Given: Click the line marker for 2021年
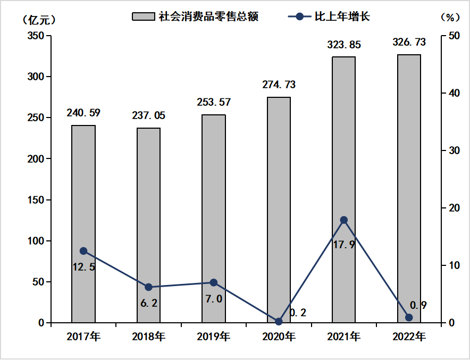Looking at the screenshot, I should click(343, 220).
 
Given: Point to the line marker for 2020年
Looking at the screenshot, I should click(279, 322).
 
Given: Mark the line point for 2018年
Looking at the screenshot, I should click(148, 287).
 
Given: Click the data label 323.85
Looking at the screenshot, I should click(344, 45).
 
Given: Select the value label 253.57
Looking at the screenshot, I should click(214, 102).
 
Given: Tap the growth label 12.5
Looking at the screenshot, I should click(84, 267).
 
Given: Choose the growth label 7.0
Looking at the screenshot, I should click(214, 299).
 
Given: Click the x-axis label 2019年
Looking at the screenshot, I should click(214, 337).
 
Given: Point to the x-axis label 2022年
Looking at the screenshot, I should click(409, 337).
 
